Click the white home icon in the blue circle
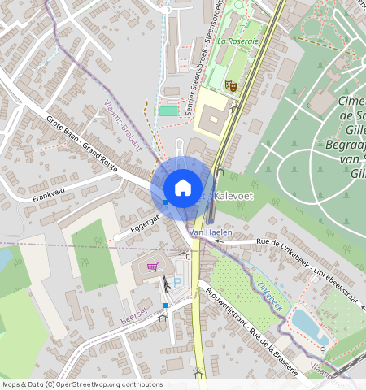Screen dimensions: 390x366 click(183, 188)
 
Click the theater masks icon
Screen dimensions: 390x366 click(230, 83)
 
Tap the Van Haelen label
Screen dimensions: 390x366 click(210, 232)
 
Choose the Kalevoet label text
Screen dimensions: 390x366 click(230, 198)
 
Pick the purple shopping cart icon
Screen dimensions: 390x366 click(152, 266)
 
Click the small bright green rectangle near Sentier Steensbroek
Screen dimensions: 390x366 click(168, 111)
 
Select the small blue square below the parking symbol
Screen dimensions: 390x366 click(167, 305)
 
